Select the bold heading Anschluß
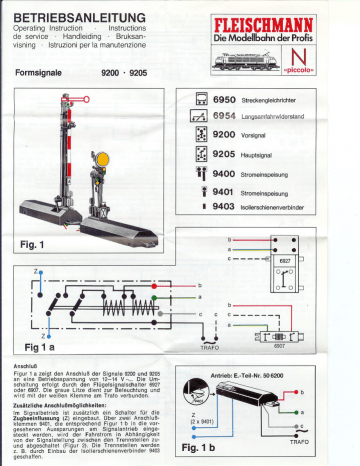(25, 365)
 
